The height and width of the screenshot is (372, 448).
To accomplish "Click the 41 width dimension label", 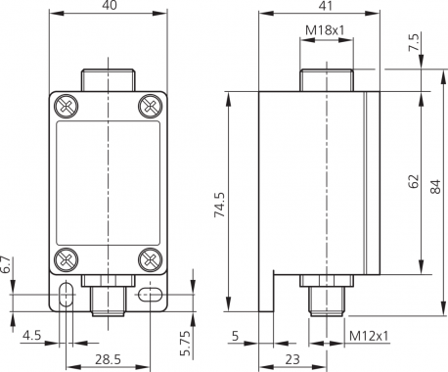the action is point(325,6).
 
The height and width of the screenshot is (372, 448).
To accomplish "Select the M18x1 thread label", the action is point(325,30).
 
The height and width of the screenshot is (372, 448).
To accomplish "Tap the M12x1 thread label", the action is point(369,336).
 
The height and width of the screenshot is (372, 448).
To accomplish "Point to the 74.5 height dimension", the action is point(219,205).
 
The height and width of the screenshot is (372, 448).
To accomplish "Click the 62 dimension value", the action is point(413,181).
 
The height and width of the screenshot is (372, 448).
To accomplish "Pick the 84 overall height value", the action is point(435,186).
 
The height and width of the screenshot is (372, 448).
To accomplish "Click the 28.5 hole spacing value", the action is point(108,359).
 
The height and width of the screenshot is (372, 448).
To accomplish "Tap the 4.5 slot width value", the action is point(32,335).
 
